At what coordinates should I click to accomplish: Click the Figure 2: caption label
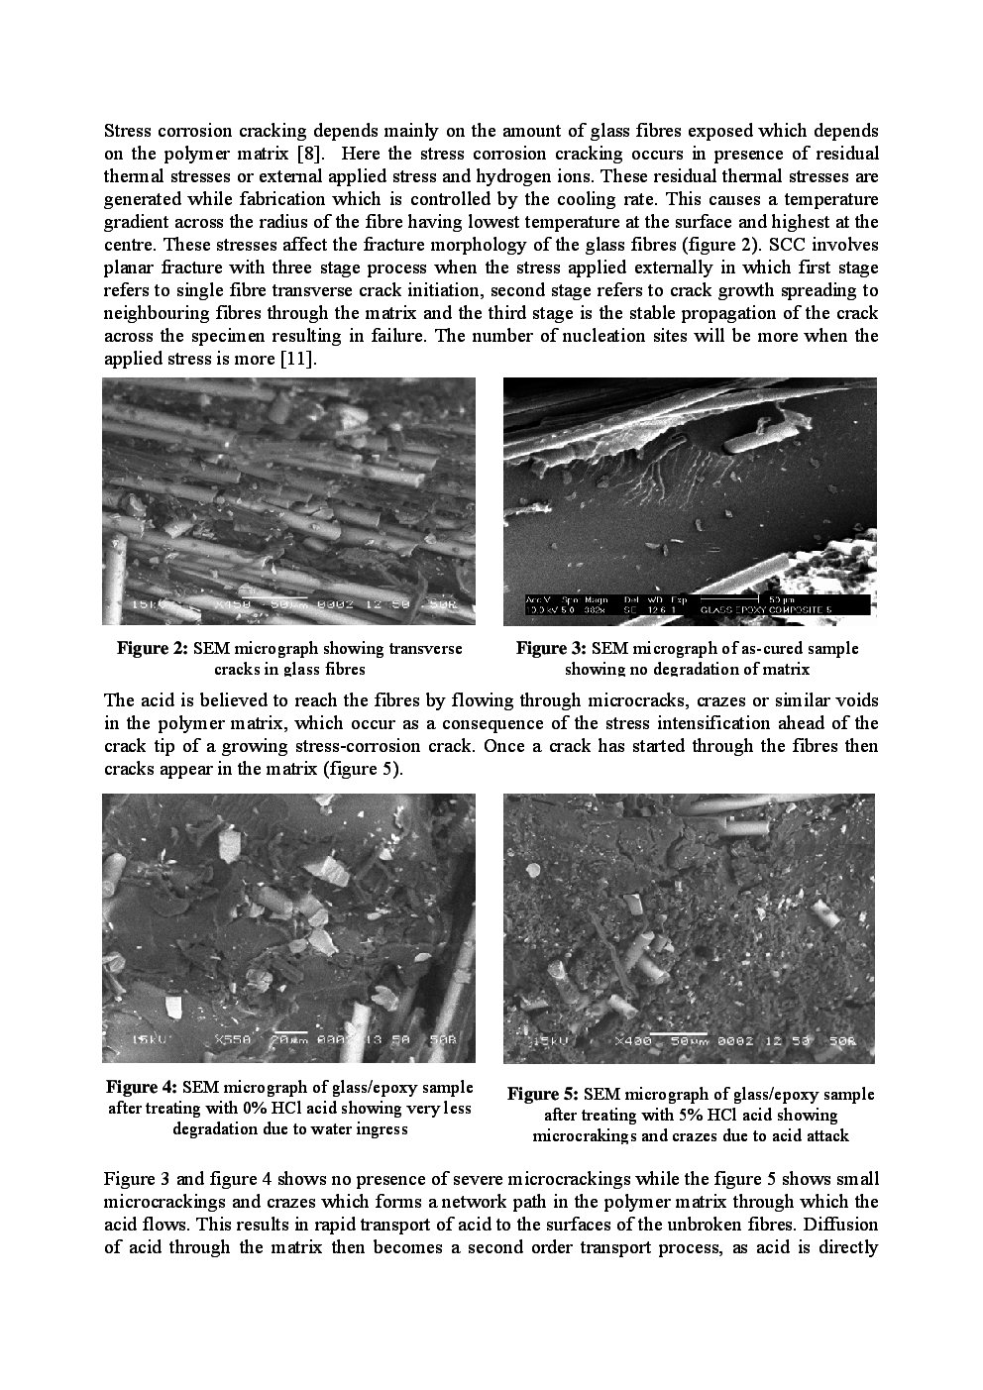tap(153, 649)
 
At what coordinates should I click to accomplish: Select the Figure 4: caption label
tap(142, 1088)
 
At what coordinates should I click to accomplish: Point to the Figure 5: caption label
tap(543, 1095)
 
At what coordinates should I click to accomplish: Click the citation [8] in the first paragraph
tap(307, 154)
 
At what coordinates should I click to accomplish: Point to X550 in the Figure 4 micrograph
tap(235, 1040)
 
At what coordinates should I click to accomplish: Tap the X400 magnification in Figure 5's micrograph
tap(635, 1042)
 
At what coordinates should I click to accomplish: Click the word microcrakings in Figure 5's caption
tap(587, 1136)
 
